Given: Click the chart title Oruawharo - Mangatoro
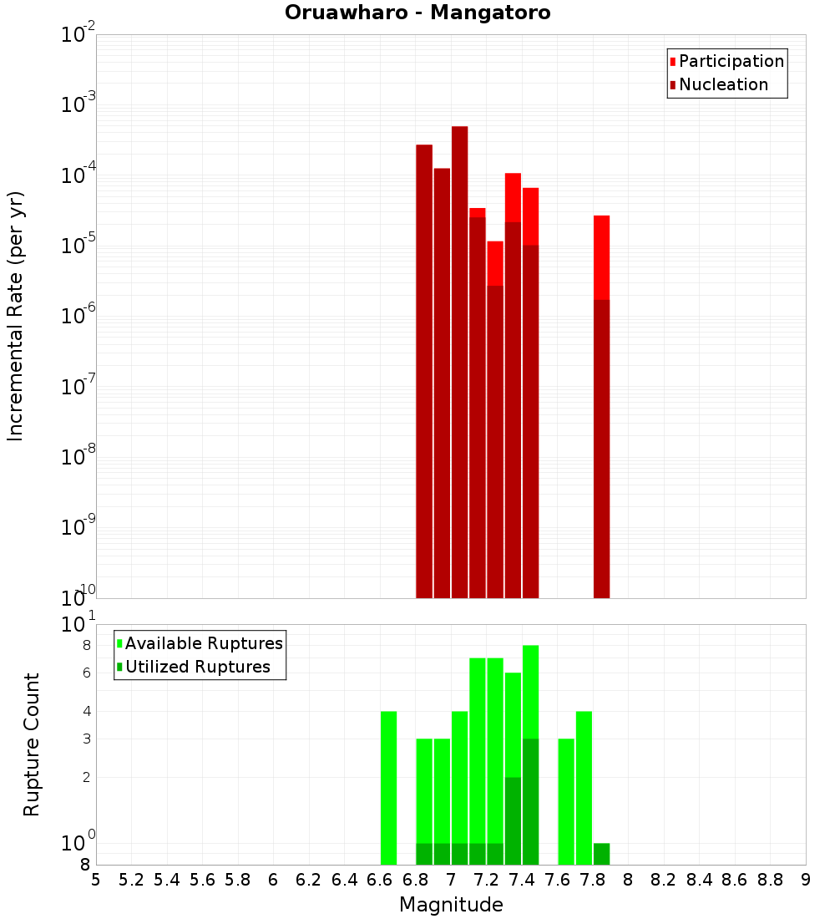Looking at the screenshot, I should [417, 13].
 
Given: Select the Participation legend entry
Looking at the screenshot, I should [731, 61].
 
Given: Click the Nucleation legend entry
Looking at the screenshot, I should [722, 84].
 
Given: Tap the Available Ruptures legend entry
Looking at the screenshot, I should [203, 643].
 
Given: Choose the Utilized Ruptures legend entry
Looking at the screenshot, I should [197, 667].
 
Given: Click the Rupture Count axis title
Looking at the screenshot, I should [32, 744].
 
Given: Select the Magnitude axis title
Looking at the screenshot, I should [451, 905].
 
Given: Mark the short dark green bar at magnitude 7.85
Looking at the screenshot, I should [601, 854].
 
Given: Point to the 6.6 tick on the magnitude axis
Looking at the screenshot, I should [380, 880].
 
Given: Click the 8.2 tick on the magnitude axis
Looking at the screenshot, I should [664, 880].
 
